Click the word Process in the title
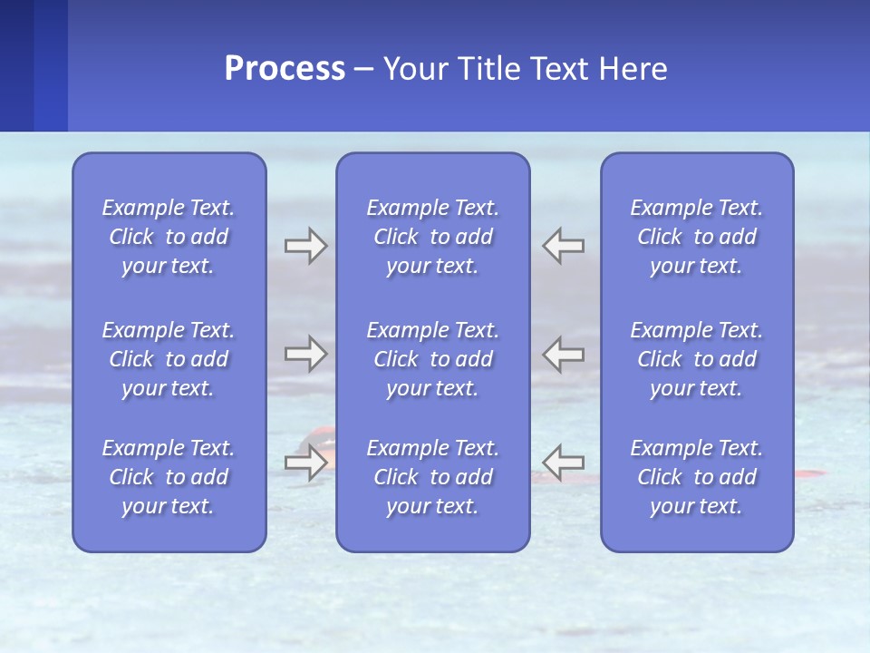[285, 69]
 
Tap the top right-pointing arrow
[305, 246]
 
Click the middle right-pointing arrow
[305, 354]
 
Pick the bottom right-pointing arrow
[305, 463]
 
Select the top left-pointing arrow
[564, 246]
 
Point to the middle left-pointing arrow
[564, 354]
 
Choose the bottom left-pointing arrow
[564, 463]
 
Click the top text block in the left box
[169, 237]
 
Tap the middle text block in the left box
[169, 359]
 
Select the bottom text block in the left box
[169, 477]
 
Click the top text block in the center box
[433, 237]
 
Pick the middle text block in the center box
[433, 359]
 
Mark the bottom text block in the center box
[433, 477]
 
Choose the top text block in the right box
[697, 237]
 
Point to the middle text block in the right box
[697, 359]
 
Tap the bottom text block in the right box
[697, 477]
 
